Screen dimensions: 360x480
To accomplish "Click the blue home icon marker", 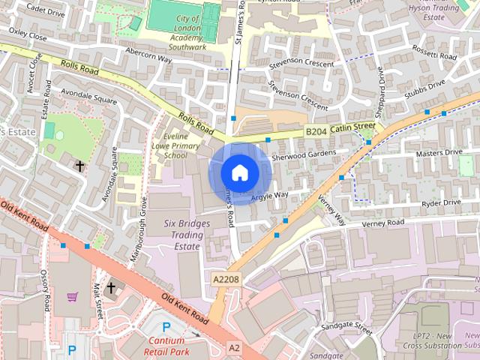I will pyautogui.click(x=239, y=172).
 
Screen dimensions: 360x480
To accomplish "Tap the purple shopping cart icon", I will pyautogui.click(x=72, y=296).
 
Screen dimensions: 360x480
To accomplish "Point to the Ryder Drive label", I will pyautogui.click(x=441, y=202).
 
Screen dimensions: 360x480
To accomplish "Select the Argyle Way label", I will pyautogui.click(x=269, y=196).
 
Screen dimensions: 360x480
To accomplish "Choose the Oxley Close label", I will pyautogui.click(x=28, y=34).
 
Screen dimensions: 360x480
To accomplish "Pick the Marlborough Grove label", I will pyautogui.click(x=138, y=238).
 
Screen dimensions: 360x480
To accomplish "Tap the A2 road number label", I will pyautogui.click(x=235, y=348).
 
